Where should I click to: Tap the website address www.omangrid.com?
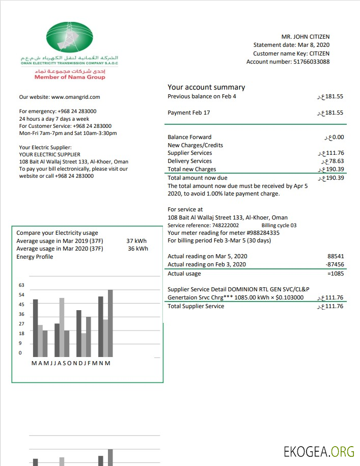point(75,97)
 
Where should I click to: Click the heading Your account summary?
point(206,87)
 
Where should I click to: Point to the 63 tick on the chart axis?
point(21,285)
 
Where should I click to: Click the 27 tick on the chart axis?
point(21,324)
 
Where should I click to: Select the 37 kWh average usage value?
point(136,241)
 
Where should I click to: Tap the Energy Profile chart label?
point(35,257)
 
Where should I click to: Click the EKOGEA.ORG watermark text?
point(319,451)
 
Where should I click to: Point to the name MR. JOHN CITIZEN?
point(306,37)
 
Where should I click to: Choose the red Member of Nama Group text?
point(70,77)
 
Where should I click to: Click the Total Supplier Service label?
point(196,306)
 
